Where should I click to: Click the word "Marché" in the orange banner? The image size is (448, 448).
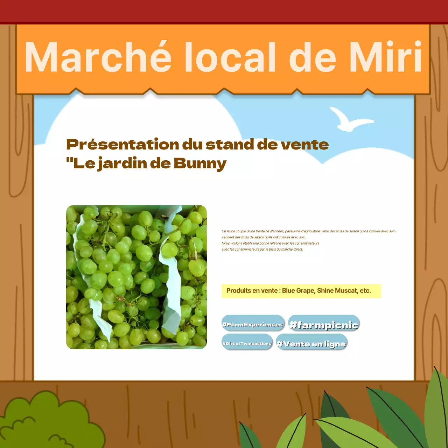point(98,57)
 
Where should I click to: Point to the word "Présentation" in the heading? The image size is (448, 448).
point(123,145)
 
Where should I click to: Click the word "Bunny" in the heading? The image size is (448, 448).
point(200,163)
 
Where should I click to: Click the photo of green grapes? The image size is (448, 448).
point(136,277)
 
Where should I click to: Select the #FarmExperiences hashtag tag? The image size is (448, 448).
point(253,324)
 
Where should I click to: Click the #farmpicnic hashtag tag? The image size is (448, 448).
point(324,325)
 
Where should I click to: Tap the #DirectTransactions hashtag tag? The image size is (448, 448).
point(247,343)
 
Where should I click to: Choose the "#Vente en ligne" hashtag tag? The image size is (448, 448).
point(311,344)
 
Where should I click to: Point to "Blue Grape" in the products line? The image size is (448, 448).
point(298,290)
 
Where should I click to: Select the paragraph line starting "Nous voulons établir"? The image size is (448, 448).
point(270,243)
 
